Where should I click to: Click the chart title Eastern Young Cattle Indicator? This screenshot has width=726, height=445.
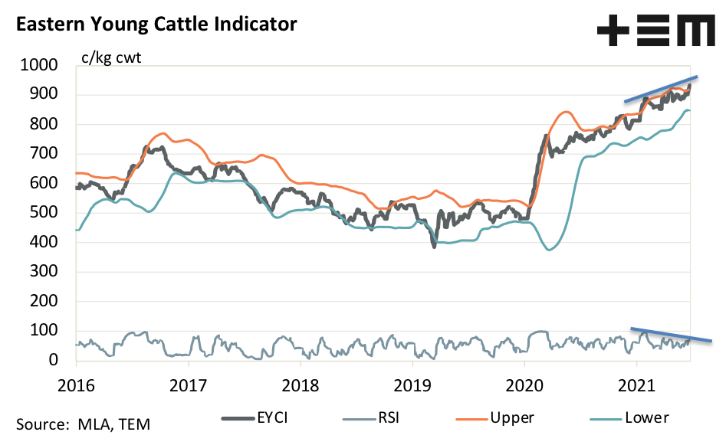click(x=156, y=25)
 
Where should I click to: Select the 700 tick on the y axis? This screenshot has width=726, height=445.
click(x=45, y=154)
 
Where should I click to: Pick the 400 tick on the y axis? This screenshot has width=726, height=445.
click(x=45, y=242)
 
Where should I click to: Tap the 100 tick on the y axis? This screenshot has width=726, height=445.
click(x=45, y=330)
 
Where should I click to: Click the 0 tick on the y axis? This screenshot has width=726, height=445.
click(x=54, y=360)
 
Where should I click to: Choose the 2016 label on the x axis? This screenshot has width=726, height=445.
click(x=75, y=384)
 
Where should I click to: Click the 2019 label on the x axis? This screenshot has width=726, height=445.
click(x=413, y=384)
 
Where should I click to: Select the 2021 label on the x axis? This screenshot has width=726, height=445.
click(x=637, y=384)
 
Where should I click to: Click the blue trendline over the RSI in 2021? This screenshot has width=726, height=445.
click(x=671, y=334)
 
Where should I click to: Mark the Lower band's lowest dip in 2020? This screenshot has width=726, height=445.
click(x=550, y=250)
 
